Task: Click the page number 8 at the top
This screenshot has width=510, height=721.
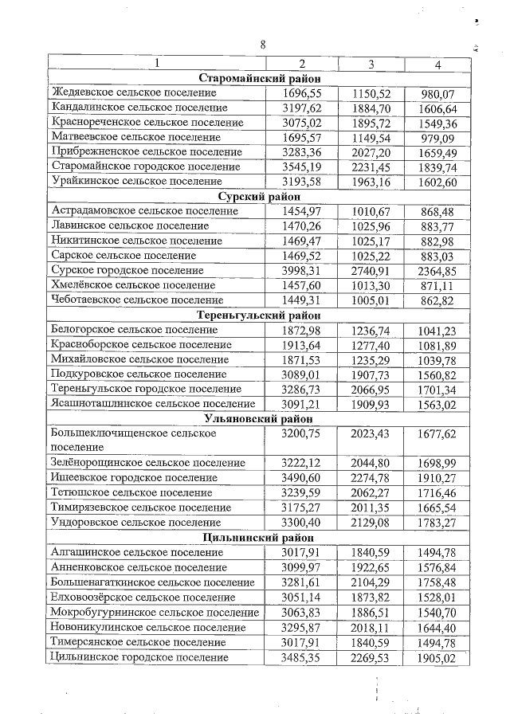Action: tap(262, 45)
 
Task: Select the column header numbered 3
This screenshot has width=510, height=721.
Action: tap(371, 64)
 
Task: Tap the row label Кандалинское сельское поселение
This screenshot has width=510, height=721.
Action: tap(143, 108)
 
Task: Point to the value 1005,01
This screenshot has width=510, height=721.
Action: tap(371, 300)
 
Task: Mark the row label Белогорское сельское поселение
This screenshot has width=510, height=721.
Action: tap(134, 330)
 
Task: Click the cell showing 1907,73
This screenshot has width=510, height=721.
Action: tap(371, 374)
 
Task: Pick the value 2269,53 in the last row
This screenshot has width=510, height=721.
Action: tap(371, 657)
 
